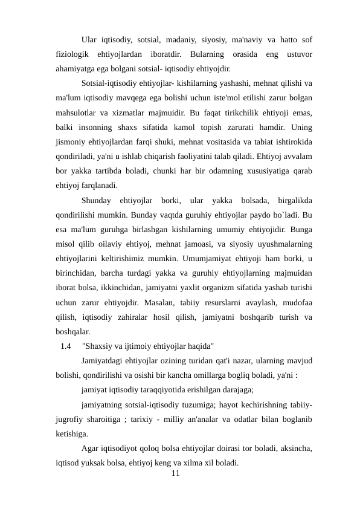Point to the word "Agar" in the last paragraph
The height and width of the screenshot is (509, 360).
coord(91,449)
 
